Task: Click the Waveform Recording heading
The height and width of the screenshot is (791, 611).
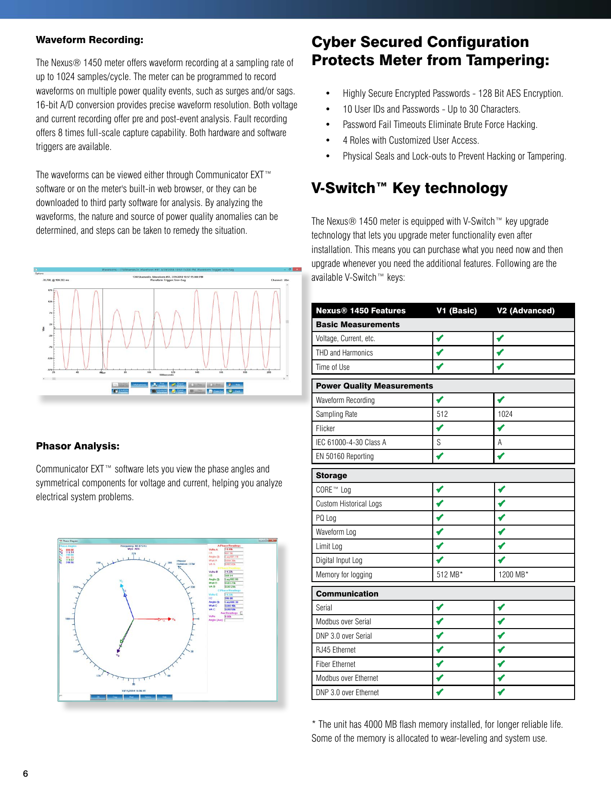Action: pyautogui.click(x=90, y=40)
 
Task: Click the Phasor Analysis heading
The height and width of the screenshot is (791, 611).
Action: pyautogui.click(x=78, y=446)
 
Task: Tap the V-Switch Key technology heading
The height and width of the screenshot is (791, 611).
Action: pyautogui.click(x=409, y=188)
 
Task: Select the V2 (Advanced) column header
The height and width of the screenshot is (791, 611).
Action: pyautogui.click(x=525, y=310)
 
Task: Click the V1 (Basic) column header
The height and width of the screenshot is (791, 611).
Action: pyautogui.click(x=456, y=310)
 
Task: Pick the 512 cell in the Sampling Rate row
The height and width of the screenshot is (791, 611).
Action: pyautogui.click(x=442, y=414)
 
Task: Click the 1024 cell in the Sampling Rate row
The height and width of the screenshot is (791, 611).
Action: pyautogui.click(x=505, y=414)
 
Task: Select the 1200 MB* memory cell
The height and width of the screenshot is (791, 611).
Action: pyautogui.click(x=513, y=574)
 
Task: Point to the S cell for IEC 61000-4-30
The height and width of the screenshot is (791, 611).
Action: pyautogui.click(x=438, y=442)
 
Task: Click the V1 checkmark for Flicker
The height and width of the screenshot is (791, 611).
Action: pyautogui.click(x=439, y=428)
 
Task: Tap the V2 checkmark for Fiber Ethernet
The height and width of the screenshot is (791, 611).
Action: pyautogui.click(x=501, y=664)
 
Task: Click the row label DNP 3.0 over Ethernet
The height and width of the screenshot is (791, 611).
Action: pyautogui.click(x=347, y=692)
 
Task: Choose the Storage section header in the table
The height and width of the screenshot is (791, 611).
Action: pyautogui.click(x=331, y=475)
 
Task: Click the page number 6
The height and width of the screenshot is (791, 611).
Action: pyautogui.click(x=25, y=773)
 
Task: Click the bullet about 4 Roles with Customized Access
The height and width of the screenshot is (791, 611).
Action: pyautogui.click(x=410, y=140)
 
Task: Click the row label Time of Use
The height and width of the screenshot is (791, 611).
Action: pyautogui.click(x=333, y=367)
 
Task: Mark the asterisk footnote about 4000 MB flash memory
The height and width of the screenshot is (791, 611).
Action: pyautogui.click(x=437, y=731)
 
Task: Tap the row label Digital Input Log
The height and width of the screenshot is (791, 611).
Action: pyautogui.click(x=339, y=560)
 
